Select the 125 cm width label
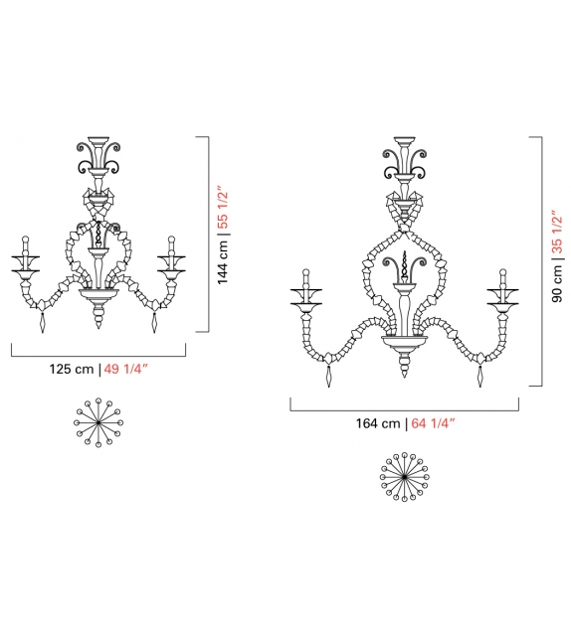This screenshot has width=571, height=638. [x=72, y=370]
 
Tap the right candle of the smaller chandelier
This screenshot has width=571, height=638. [x=171, y=247]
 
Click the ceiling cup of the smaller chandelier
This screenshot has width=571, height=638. [x=98, y=140]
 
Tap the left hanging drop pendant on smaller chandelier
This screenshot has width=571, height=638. [x=41, y=326]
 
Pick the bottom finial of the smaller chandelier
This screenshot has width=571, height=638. [x=98, y=320]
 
